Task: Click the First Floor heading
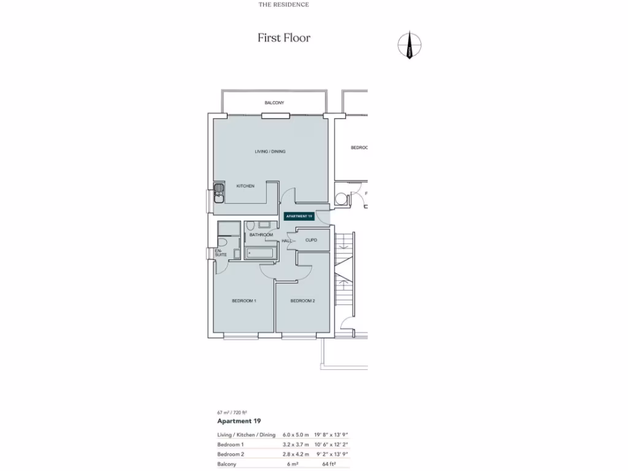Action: [284, 38]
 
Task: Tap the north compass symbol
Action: [410, 45]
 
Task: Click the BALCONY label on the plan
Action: [274, 102]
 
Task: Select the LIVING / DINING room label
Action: [270, 151]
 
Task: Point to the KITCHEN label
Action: [245, 186]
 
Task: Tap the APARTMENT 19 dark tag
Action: [299, 216]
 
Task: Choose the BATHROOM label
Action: [261, 235]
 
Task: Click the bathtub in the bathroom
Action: [261, 253]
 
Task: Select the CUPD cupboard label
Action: [312, 240]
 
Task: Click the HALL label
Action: [286, 241]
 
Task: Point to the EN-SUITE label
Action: [220, 252]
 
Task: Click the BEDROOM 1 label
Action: [243, 301]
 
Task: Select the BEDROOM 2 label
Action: [302, 301]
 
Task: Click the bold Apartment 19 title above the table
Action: [239, 421]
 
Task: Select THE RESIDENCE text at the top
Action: [283, 4]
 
